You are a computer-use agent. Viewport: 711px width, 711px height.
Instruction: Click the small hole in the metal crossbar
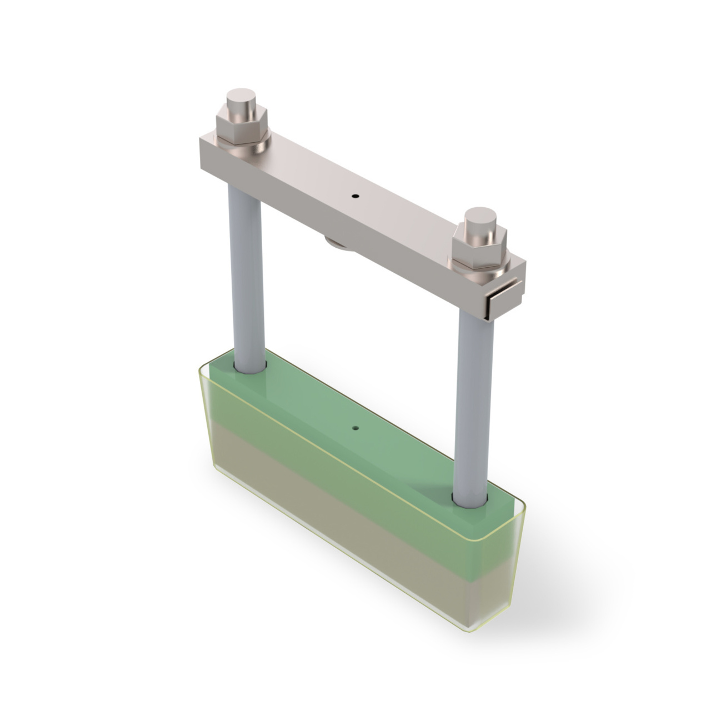point(355,196)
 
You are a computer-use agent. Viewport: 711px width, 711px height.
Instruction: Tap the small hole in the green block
point(355,428)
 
